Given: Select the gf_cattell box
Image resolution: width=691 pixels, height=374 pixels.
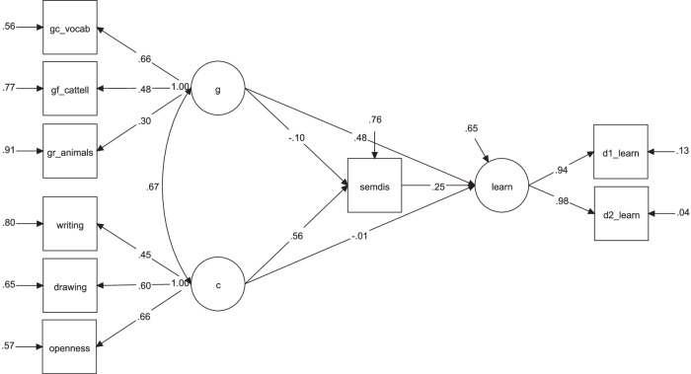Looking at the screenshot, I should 69,88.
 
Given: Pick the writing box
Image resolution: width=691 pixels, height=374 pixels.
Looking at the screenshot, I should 69,225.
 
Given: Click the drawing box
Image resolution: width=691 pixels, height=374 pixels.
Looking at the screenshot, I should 69,287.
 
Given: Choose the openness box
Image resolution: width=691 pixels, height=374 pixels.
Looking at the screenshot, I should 69,346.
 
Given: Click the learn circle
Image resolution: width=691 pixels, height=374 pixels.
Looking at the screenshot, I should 502,184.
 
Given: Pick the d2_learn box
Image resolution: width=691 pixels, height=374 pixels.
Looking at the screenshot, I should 619,213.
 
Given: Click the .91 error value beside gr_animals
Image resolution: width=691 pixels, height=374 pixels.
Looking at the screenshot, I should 11,151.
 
